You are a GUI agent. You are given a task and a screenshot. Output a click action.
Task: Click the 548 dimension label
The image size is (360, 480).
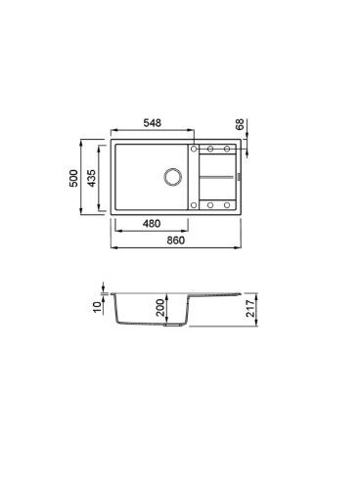153,123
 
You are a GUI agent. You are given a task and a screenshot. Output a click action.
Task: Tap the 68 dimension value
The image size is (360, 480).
240,124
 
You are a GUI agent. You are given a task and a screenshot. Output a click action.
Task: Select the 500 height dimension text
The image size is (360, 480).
73,178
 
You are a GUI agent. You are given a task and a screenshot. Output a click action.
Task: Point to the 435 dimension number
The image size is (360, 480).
92,178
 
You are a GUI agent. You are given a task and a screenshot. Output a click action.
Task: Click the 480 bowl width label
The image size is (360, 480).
152,224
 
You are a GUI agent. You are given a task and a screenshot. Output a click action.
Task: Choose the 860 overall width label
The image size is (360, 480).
176,240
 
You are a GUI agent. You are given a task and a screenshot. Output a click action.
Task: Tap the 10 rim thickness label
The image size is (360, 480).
98,307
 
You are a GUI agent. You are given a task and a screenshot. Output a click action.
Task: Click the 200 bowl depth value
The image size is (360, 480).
160,308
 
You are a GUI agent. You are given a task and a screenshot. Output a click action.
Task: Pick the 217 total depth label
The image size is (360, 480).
250,308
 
